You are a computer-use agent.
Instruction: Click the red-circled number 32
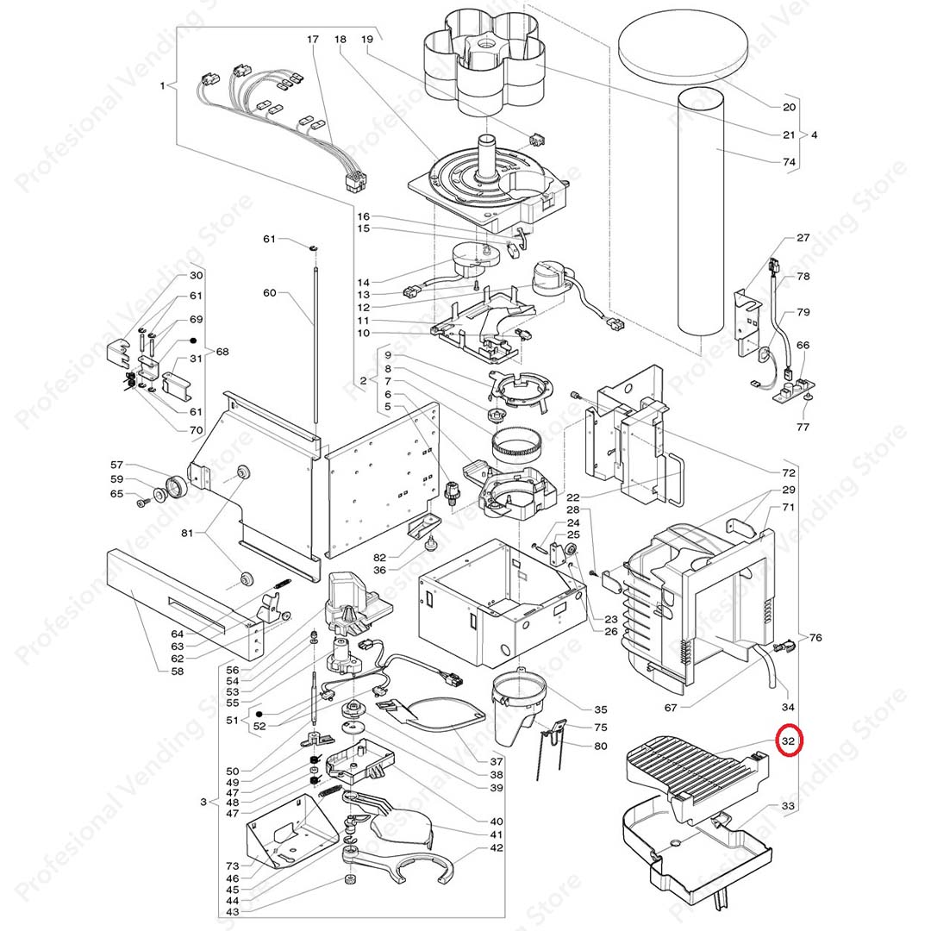(x=788, y=740)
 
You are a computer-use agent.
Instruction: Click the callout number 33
(x=788, y=806)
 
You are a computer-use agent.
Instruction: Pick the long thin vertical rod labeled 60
(x=317, y=345)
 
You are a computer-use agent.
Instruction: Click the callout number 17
(x=312, y=40)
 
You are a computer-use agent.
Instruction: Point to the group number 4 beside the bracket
(x=815, y=134)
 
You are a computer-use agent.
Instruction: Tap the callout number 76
(x=815, y=638)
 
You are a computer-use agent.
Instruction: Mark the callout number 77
(x=803, y=426)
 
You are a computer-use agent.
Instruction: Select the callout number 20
(x=789, y=108)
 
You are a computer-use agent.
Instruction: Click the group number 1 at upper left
(x=162, y=85)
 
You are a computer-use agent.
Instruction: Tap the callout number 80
(x=601, y=746)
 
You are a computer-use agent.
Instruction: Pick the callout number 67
(x=670, y=708)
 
